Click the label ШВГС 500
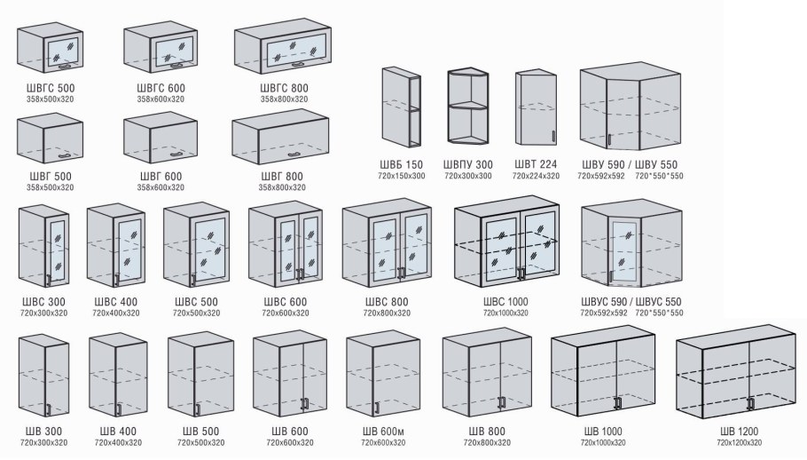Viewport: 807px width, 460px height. tap(51, 88)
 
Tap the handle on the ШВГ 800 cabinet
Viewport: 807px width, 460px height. tap(295, 155)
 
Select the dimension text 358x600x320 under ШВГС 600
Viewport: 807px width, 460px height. tap(161, 99)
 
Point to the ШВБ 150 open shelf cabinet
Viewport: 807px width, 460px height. tap(402, 107)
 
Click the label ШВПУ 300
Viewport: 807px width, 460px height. tap(468, 165)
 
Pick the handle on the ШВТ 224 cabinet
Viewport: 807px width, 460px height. tap(553, 137)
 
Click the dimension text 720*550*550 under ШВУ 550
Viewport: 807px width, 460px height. tap(659, 176)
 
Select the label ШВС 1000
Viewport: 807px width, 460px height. tap(505, 302)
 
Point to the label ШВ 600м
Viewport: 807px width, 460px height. tap(383, 432)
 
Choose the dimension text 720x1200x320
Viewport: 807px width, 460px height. tap(739, 443)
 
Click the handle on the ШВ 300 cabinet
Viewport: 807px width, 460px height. tap(49, 409)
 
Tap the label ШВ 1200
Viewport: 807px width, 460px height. tap(739, 432)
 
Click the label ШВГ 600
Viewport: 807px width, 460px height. tap(161, 177)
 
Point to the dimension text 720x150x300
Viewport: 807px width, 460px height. tap(402, 176)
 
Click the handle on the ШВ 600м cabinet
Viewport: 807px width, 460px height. tap(376, 408)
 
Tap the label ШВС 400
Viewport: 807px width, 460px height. tap(116, 302)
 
